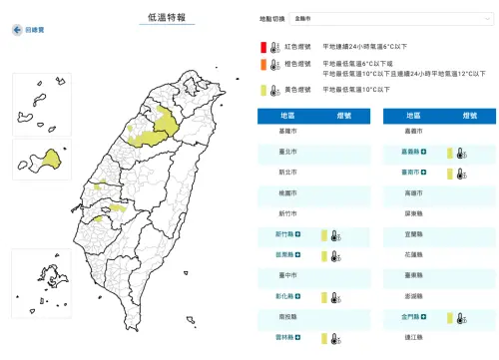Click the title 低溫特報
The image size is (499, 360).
[168, 17]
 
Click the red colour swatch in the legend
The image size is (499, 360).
[263, 47]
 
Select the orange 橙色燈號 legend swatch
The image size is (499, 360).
[263, 66]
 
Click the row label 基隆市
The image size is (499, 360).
[288, 132]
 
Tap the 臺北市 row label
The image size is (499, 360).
[288, 153]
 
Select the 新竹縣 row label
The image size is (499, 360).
[286, 235]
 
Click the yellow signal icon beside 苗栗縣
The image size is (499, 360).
[324, 256]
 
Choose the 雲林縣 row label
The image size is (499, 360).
[286, 339]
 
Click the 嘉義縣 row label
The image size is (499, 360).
[412, 153]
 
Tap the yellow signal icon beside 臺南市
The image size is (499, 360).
[451, 174]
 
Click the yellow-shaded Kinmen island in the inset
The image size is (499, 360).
[50, 160]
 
